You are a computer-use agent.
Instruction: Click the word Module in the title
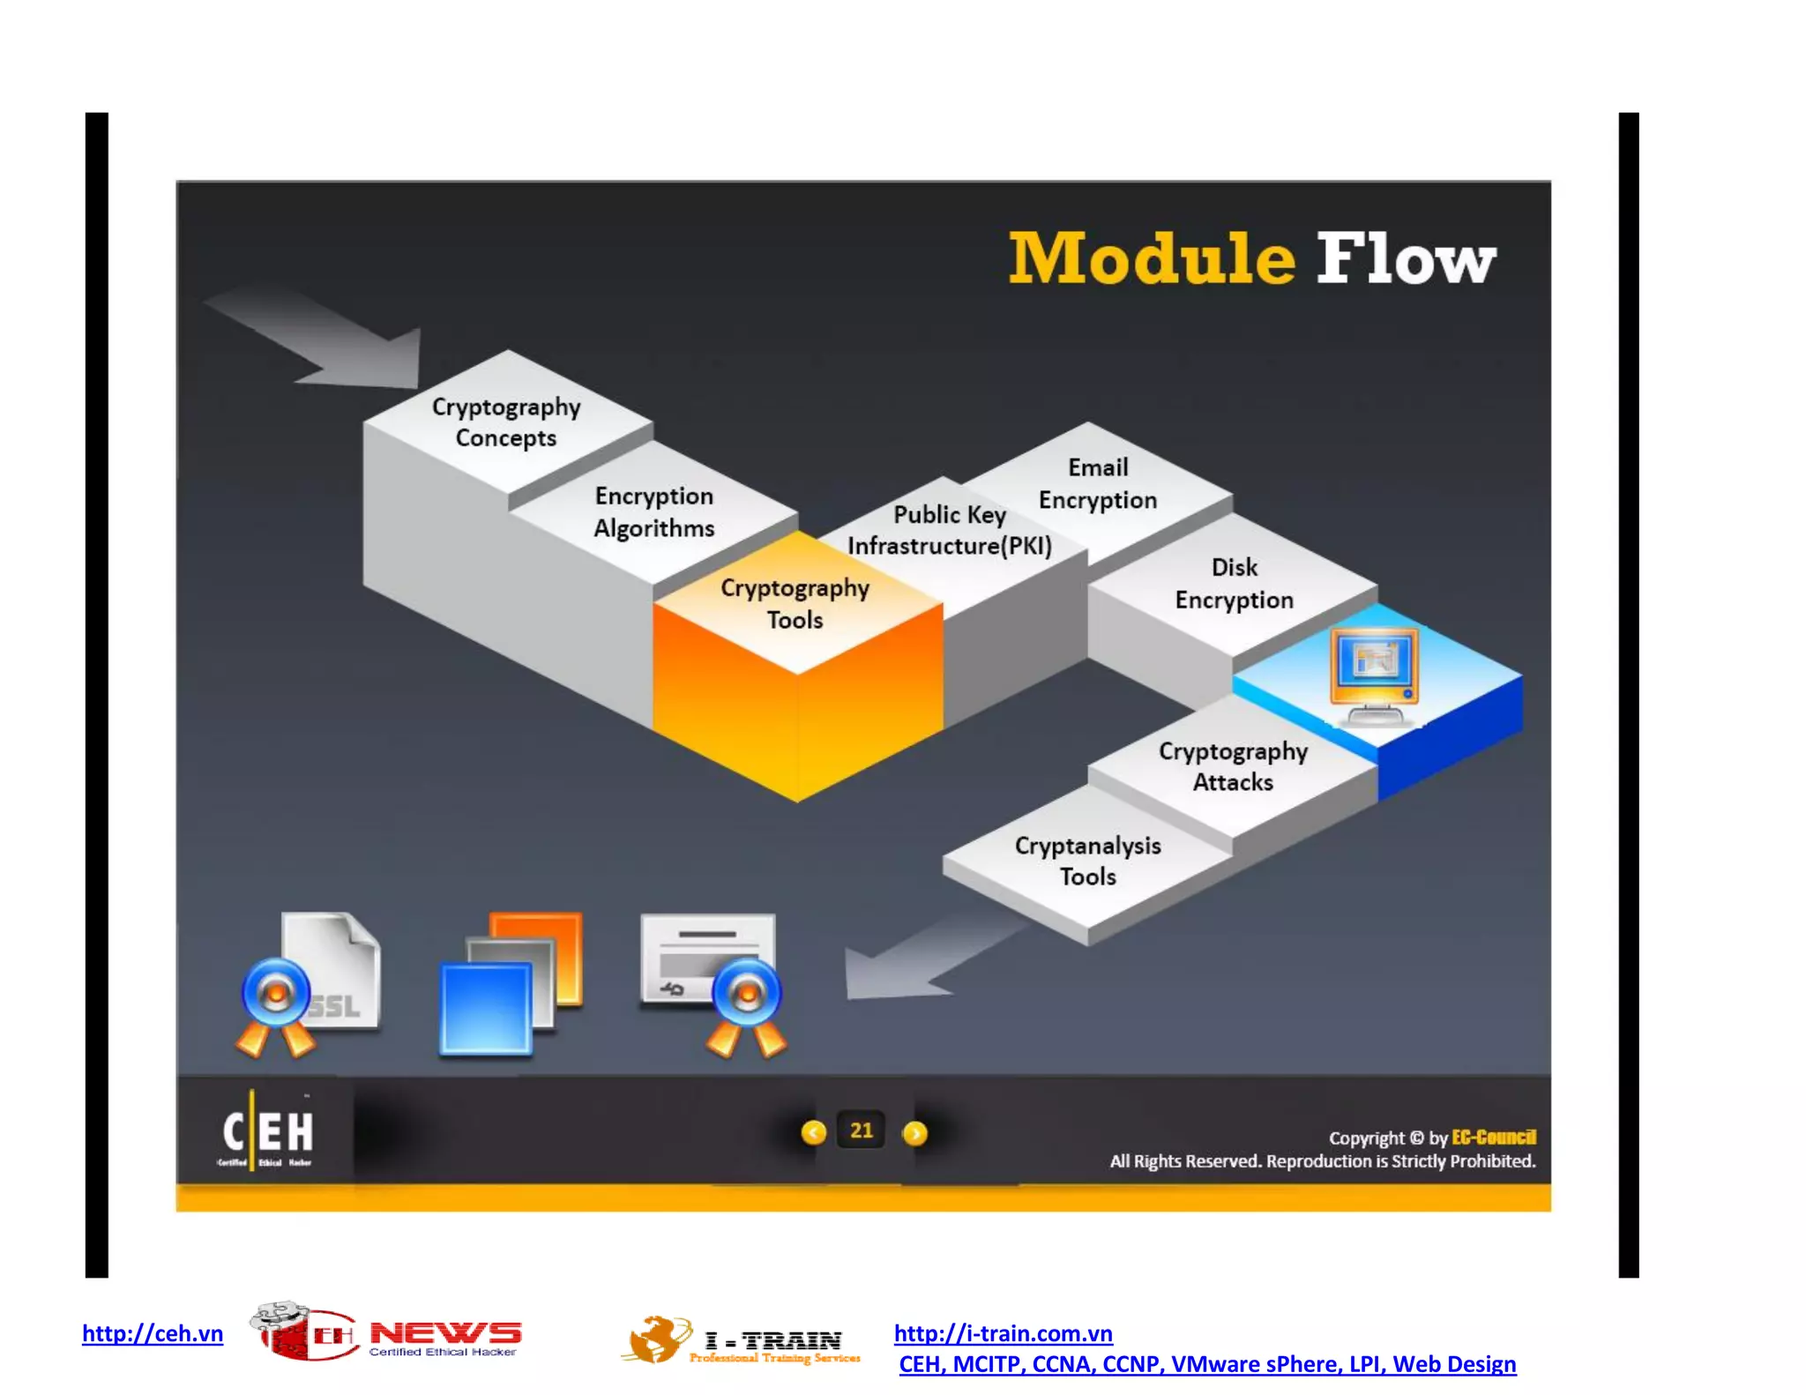tap(1151, 259)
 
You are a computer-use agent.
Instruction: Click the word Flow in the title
tap(1406, 259)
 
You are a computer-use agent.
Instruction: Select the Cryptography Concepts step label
tap(506, 422)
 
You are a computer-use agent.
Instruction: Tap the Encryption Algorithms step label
tap(653, 512)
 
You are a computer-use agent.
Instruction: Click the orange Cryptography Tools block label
tap(795, 604)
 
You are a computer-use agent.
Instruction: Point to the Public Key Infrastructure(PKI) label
tap(950, 530)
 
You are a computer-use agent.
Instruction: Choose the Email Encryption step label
tap(1097, 484)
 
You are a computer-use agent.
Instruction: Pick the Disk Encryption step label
tap(1234, 584)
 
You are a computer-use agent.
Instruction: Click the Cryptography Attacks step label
tap(1233, 766)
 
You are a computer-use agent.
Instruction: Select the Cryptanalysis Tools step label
tap(1087, 861)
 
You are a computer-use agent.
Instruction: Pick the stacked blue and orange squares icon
tap(511, 983)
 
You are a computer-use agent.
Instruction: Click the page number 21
tap(861, 1130)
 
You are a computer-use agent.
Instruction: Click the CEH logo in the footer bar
tap(266, 1132)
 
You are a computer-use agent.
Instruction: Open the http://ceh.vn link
tap(153, 1332)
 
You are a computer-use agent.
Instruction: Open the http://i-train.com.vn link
tap(1003, 1332)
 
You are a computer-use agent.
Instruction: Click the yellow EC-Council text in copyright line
tap(1493, 1137)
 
